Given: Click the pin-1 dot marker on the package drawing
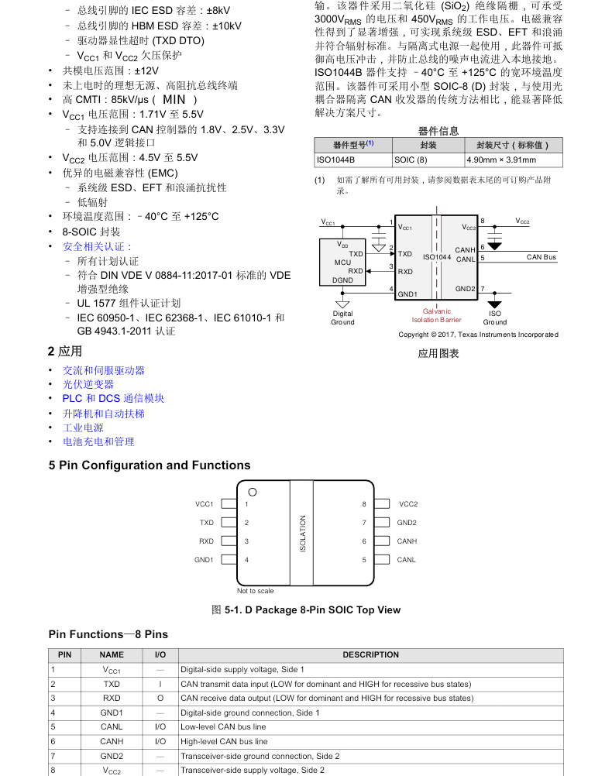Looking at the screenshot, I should point(252,492).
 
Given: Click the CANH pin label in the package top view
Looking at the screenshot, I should point(407,541).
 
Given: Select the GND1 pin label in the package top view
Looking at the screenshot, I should point(204,560).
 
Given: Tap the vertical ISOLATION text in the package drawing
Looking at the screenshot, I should point(303,534).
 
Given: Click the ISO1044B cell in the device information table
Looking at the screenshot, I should point(335,160).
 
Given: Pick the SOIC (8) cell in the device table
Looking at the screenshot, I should point(411,160).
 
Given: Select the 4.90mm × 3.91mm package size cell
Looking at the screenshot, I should point(501,160).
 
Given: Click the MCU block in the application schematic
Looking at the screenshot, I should point(342,263).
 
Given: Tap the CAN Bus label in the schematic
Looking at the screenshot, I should point(542,257).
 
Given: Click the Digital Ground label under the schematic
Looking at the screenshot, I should point(342,318).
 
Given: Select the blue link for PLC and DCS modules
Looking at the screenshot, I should point(113,399).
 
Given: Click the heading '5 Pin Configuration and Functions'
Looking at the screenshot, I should point(150,465).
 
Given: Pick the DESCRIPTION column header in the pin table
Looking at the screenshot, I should point(370,655).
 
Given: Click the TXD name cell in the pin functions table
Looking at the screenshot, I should point(112,685).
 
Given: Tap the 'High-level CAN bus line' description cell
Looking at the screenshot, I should point(224,741).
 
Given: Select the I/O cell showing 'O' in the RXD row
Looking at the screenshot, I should point(160,699).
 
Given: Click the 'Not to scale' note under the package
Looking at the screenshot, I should point(256,591).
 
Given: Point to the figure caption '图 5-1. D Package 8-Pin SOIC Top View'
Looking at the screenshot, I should point(306,610).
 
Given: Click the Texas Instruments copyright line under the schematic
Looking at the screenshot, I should point(478,335).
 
